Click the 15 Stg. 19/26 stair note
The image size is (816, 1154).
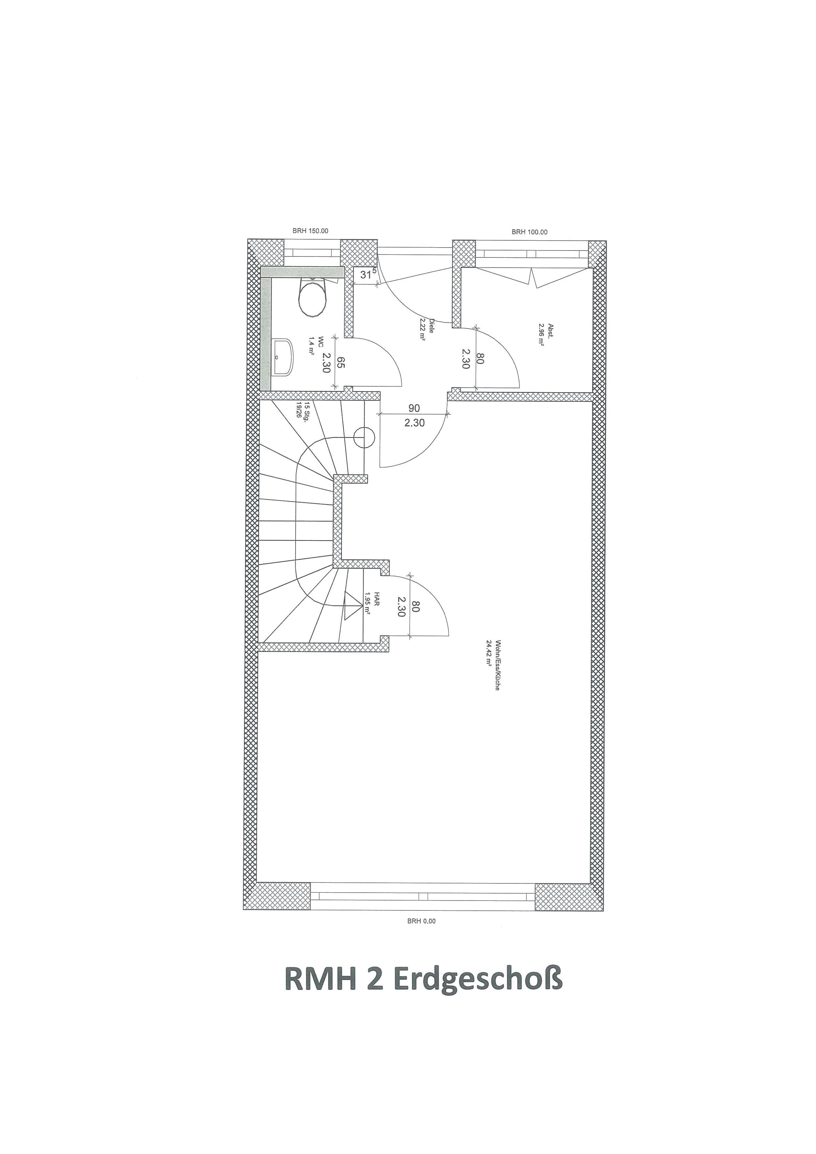click(301, 412)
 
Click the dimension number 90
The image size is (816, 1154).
click(414, 408)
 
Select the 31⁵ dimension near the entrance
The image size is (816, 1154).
click(368, 275)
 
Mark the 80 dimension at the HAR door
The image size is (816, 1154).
click(415, 607)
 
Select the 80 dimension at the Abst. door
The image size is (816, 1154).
click(480, 358)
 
